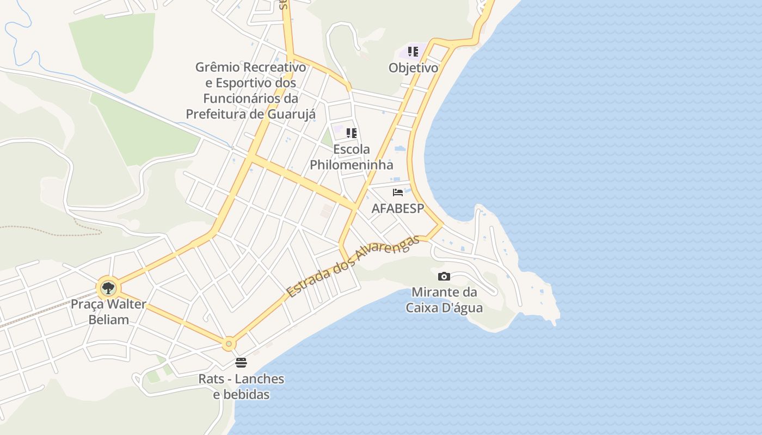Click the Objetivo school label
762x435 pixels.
click(x=413, y=68)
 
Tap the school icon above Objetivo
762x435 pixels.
click(x=413, y=52)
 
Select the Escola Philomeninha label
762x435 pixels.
click(x=351, y=157)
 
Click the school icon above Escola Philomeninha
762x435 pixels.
click(x=352, y=133)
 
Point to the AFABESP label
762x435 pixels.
click(x=397, y=209)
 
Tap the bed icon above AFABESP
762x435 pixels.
click(x=398, y=192)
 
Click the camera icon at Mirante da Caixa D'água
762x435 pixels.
click(x=444, y=276)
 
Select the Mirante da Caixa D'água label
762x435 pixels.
click(x=444, y=300)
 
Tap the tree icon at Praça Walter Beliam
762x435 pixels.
click(x=108, y=287)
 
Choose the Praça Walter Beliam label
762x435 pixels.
click(x=108, y=312)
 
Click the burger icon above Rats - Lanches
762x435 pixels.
click(x=241, y=362)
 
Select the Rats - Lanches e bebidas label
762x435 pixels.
click(x=241, y=387)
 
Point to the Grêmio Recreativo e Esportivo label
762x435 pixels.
click(x=250, y=91)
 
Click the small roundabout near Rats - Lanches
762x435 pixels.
click(x=229, y=344)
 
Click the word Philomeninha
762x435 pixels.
click(x=351, y=164)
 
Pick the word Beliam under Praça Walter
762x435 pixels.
click(x=108, y=319)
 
